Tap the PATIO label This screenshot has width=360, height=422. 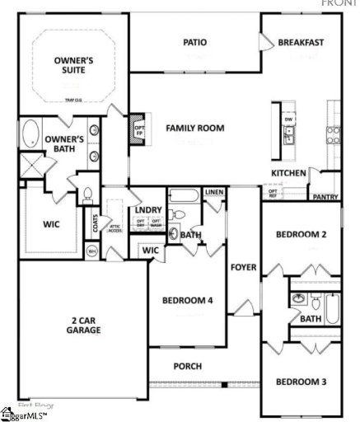tap(194, 42)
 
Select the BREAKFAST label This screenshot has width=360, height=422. tap(301, 42)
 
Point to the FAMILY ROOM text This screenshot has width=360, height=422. tap(195, 128)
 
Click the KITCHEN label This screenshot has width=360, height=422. tap(289, 173)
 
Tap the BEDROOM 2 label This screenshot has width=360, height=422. tap(301, 235)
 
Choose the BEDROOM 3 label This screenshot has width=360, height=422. tap(301, 382)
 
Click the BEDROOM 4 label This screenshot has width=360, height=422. tap(188, 300)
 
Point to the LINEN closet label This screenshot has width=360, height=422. tap(214, 192)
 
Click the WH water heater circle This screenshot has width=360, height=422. tap(92, 251)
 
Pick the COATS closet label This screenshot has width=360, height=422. tap(96, 222)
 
